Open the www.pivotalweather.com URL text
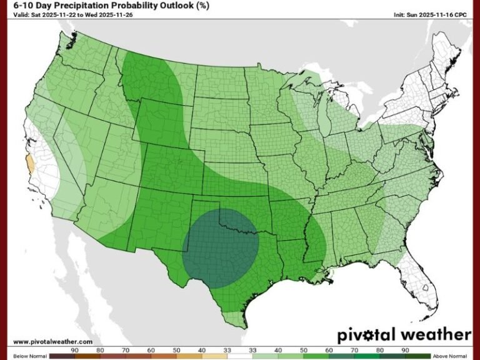(52, 342)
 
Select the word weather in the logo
(434, 334)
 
